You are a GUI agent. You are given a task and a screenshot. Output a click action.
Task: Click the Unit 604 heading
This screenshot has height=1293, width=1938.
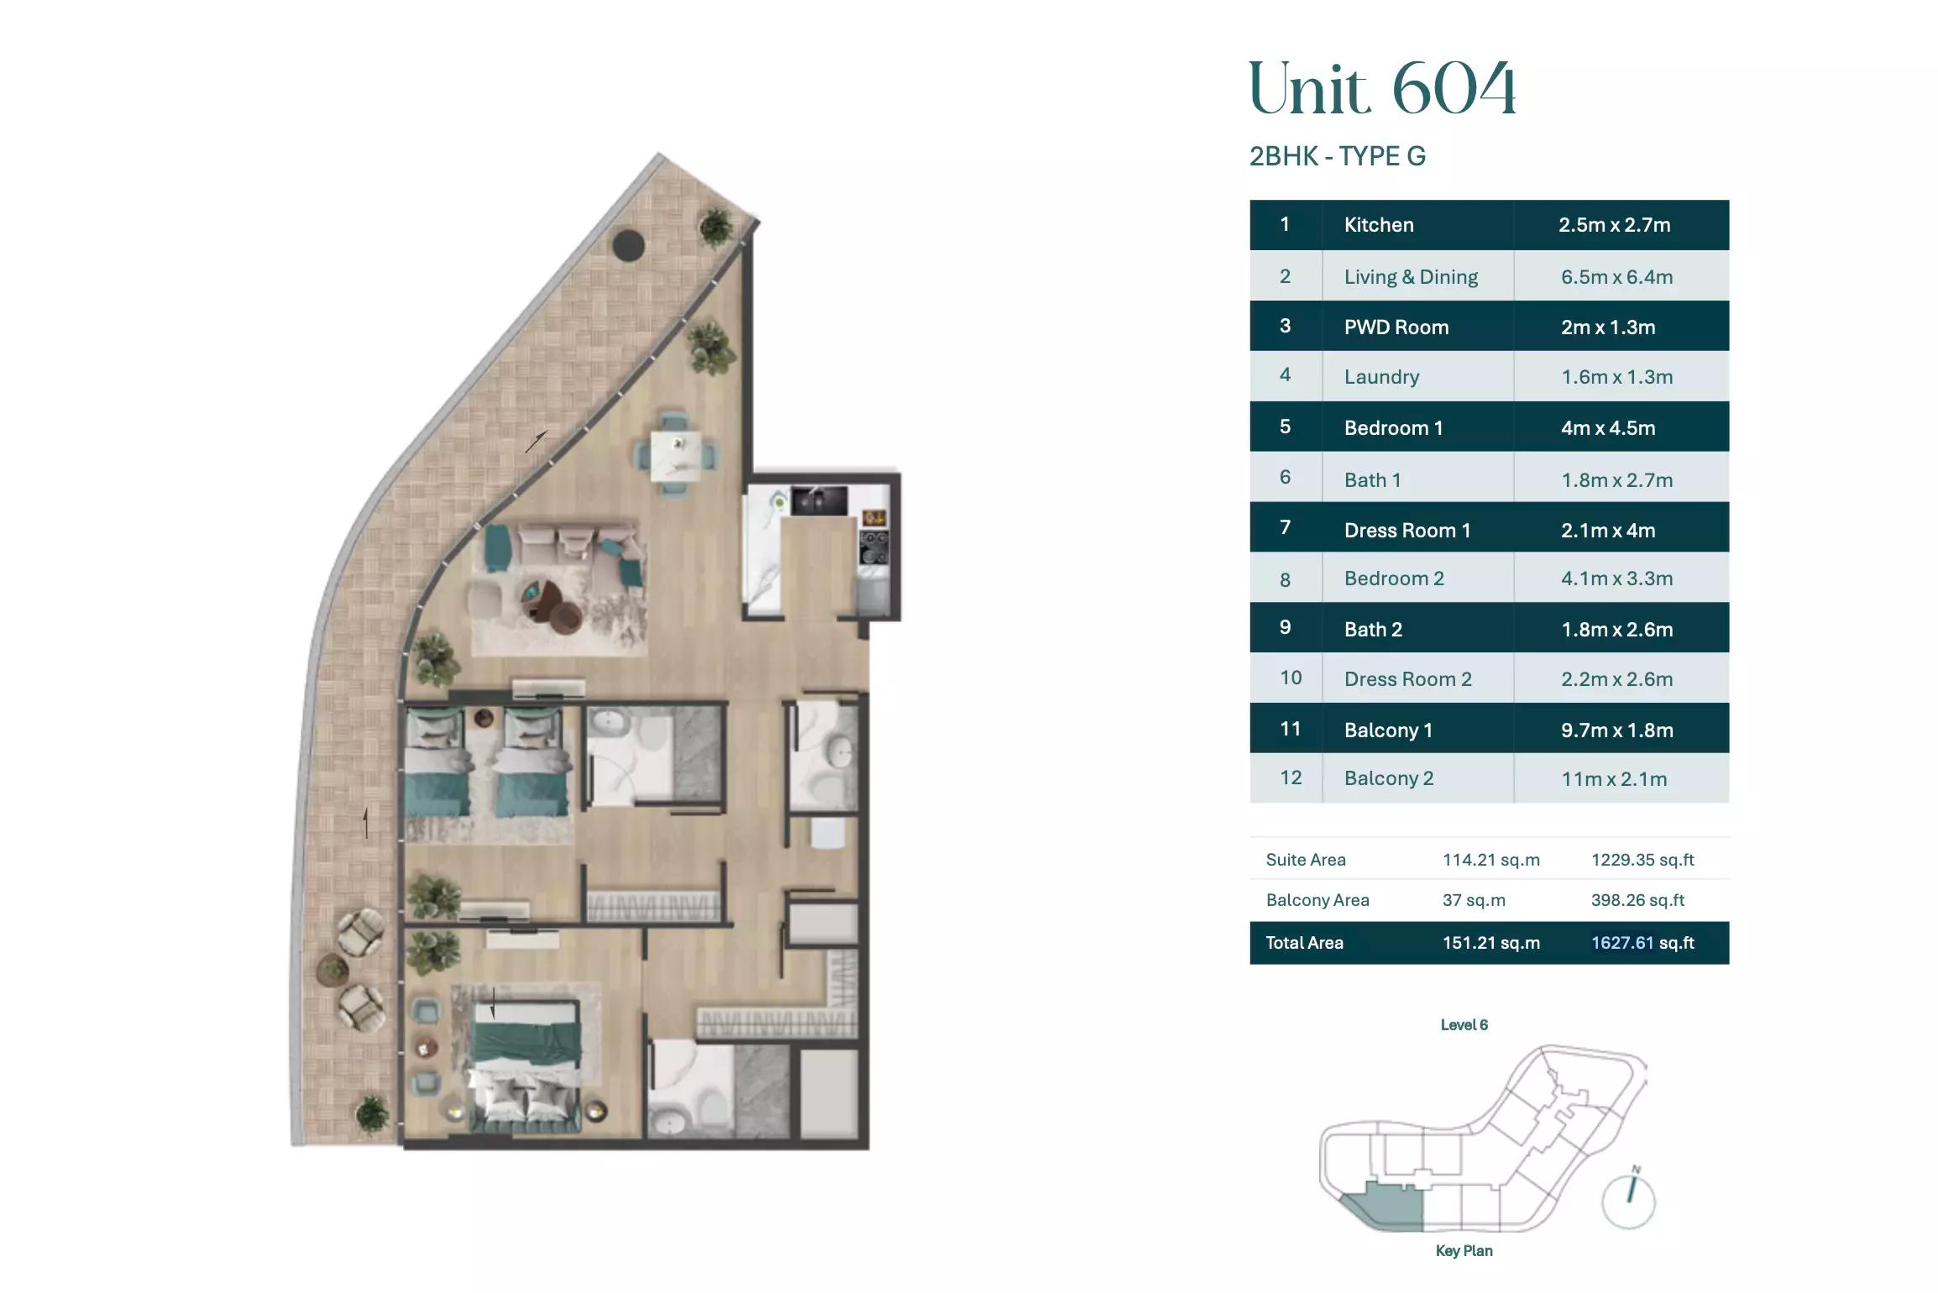tap(1383, 88)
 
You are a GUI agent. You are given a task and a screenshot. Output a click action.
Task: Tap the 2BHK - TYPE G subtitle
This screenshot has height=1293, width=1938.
tap(1338, 156)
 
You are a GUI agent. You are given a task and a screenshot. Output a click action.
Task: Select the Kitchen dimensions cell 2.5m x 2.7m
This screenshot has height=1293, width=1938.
tap(1615, 225)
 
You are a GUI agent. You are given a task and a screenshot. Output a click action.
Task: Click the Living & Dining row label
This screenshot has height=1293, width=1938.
tap(1411, 277)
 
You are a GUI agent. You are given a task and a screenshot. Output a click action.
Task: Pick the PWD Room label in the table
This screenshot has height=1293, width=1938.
tap(1396, 327)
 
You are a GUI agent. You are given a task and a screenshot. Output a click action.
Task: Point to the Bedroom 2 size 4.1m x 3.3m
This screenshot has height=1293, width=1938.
tap(1617, 578)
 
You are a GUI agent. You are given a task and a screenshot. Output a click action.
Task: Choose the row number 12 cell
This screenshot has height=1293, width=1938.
tap(1291, 778)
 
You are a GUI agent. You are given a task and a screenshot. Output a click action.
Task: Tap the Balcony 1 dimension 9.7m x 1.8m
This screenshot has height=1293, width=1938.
tap(1617, 730)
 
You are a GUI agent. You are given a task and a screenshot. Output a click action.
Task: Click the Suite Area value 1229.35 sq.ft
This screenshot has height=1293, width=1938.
tap(1642, 860)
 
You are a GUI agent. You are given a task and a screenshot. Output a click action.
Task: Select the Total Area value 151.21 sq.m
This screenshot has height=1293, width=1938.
tap(1491, 943)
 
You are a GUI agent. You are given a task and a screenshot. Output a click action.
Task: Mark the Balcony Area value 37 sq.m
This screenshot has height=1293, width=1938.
tap(1474, 900)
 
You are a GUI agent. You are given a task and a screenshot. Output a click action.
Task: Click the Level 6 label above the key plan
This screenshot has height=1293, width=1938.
tap(1464, 1025)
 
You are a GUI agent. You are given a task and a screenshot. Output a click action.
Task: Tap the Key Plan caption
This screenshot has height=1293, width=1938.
tap(1464, 1251)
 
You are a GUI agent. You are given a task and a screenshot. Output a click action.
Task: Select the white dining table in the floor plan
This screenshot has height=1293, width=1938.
tap(676, 457)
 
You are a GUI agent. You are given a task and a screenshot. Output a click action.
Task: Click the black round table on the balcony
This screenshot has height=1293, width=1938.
tap(628, 245)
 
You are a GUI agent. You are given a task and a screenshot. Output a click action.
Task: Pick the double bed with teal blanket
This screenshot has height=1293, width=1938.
tap(526, 1065)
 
